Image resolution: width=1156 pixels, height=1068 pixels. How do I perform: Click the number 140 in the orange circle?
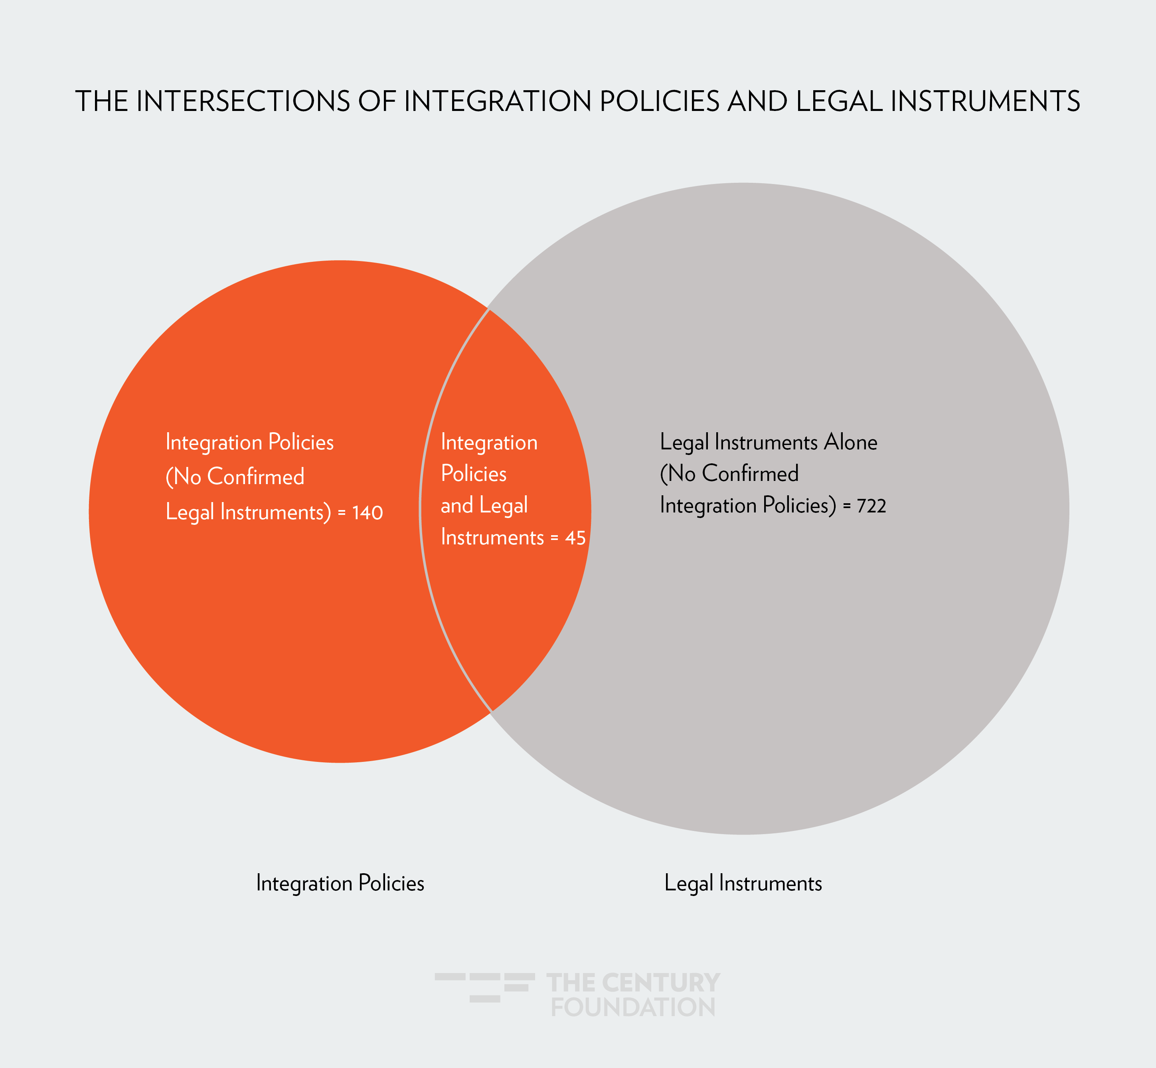368,512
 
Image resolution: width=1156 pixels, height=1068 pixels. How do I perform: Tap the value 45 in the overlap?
575,538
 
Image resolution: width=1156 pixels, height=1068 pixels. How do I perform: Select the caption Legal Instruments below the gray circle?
743,883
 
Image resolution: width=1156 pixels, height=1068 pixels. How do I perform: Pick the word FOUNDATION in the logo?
633,1007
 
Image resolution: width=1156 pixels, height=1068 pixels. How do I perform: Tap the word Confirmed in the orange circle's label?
255,477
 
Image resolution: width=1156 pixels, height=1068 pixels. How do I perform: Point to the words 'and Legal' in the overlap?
484,506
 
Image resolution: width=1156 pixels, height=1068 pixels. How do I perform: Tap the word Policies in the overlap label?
474,474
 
